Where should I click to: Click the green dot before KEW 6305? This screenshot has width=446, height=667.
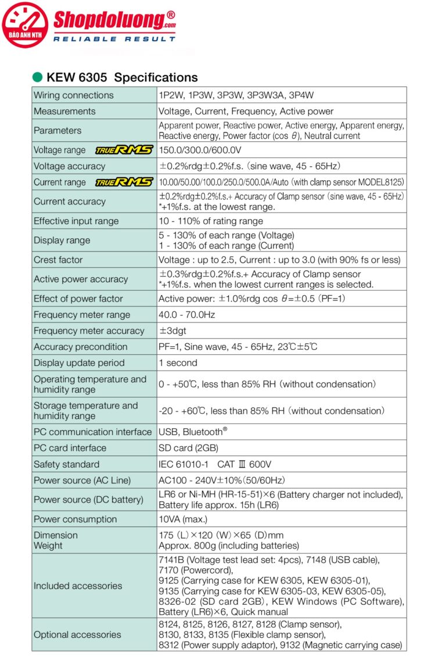pyautogui.click(x=38, y=77)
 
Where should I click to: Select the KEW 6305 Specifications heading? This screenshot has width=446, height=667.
pyautogui.click(x=122, y=77)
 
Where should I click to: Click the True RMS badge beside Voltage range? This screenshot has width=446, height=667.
pyautogui.click(x=124, y=150)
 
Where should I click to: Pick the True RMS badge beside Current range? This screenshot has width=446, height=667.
pyautogui.click(x=124, y=182)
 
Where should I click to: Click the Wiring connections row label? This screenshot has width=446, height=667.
pyautogui.click(x=74, y=95)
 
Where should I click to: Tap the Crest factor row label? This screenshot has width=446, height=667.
pyautogui.click(x=58, y=260)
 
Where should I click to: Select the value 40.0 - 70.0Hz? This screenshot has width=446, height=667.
pyautogui.click(x=186, y=315)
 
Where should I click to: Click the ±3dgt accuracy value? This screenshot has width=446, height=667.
pyautogui.click(x=172, y=331)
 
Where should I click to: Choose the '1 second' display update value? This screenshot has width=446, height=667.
pyautogui.click(x=178, y=363)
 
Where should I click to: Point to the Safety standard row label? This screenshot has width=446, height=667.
pyautogui.click(x=66, y=464)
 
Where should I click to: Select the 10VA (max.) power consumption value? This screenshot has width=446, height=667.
pyautogui.click(x=183, y=519)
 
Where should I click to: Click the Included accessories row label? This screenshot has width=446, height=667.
pyautogui.click(x=78, y=586)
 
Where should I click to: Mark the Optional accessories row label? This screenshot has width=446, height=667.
pyautogui.click(x=77, y=634)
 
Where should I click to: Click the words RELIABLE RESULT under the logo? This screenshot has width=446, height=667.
pyautogui.click(x=114, y=39)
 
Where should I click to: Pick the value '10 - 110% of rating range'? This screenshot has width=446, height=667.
pyautogui.click(x=211, y=221)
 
